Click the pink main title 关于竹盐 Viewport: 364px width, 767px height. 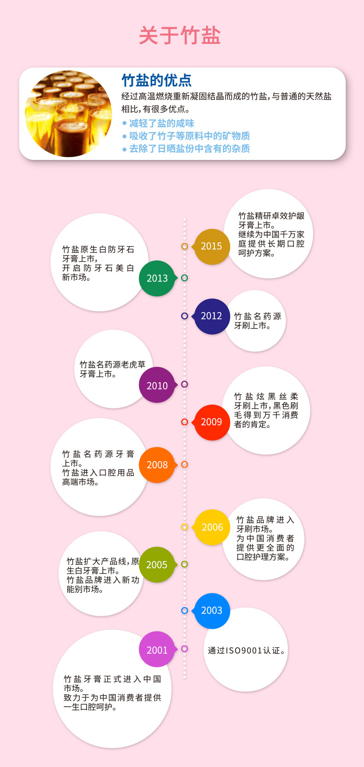(x=180, y=35)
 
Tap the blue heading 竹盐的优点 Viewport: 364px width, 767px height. (x=157, y=80)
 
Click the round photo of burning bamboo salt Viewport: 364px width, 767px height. (x=69, y=113)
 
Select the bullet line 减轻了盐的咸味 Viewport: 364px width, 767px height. (x=161, y=123)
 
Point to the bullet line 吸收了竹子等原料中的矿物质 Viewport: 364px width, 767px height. (x=189, y=136)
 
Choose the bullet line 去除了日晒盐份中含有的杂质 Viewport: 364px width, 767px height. (x=189, y=148)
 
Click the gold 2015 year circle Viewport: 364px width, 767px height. (x=211, y=247)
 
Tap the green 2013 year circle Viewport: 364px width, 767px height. (x=157, y=278)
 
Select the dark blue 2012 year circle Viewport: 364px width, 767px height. (x=211, y=316)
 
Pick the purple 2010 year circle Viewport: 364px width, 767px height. (x=157, y=385)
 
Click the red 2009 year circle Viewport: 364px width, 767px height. (x=211, y=422)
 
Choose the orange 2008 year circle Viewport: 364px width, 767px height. (x=157, y=465)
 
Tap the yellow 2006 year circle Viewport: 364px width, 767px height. (x=212, y=527)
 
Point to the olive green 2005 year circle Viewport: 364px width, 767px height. (x=157, y=565)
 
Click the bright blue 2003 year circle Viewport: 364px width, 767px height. (x=212, y=611)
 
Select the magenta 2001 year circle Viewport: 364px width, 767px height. (x=157, y=650)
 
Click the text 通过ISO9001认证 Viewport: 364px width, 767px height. (x=247, y=650)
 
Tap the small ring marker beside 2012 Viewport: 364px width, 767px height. (x=184, y=316)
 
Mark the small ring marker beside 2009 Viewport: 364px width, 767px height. (x=184, y=422)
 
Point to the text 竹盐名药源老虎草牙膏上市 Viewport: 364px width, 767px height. (x=112, y=369)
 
